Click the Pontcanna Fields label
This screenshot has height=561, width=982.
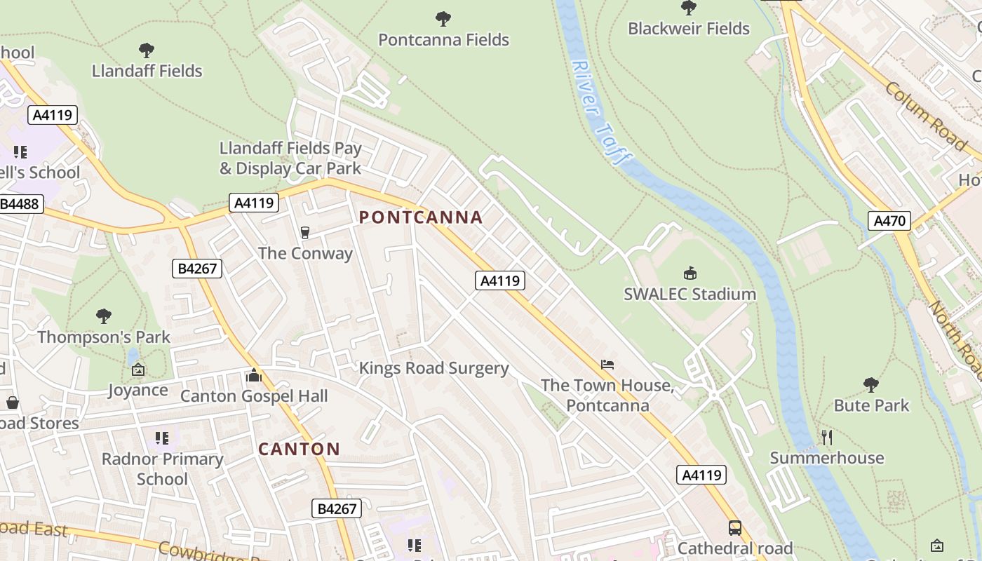click(443, 40)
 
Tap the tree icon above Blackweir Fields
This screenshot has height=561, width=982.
click(689, 8)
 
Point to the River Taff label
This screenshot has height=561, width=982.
click(598, 112)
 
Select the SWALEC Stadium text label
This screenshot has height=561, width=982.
click(690, 294)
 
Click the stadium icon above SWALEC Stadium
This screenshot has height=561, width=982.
click(690, 273)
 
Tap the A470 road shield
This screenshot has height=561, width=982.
click(889, 222)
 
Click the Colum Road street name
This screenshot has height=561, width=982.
click(926, 116)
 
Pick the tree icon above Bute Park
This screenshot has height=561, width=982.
click(871, 384)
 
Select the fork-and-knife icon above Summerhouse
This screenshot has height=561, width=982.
click(827, 438)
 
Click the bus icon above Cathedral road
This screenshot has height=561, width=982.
click(734, 527)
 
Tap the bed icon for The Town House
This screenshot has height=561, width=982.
click(607, 365)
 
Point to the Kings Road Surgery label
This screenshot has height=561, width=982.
click(433, 368)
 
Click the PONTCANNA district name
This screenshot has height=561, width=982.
click(421, 217)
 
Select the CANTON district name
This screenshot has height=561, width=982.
click(299, 449)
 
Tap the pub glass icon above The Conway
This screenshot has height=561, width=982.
click(304, 232)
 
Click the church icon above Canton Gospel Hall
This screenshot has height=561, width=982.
click(254, 376)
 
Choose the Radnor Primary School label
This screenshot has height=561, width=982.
click(163, 469)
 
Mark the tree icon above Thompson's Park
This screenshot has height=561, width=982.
click(104, 316)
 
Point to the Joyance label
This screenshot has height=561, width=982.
click(137, 390)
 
